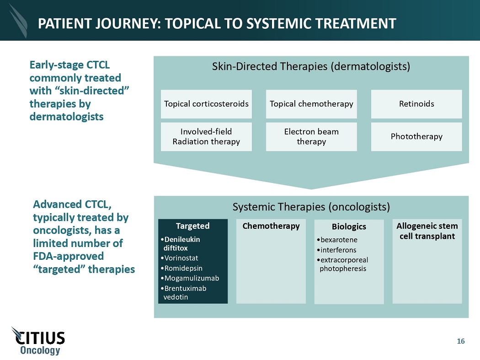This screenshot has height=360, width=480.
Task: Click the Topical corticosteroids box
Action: point(206,104)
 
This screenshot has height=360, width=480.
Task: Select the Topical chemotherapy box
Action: point(311,104)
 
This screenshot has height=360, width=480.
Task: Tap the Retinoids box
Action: point(416,104)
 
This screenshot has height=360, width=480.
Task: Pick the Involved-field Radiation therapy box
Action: point(206,136)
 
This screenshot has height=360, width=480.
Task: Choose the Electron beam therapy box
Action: point(311,136)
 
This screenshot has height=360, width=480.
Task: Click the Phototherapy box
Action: point(416,136)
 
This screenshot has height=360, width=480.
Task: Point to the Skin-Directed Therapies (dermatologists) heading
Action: point(311,66)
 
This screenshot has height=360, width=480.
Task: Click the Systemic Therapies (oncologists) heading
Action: point(311,207)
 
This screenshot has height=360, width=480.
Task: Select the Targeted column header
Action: point(192,226)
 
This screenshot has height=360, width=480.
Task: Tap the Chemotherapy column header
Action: point(271,226)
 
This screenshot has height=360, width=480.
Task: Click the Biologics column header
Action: point(349,226)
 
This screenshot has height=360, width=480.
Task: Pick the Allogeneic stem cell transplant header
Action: point(427,231)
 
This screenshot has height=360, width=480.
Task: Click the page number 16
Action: point(460,341)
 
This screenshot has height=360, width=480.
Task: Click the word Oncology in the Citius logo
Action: point(40,350)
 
